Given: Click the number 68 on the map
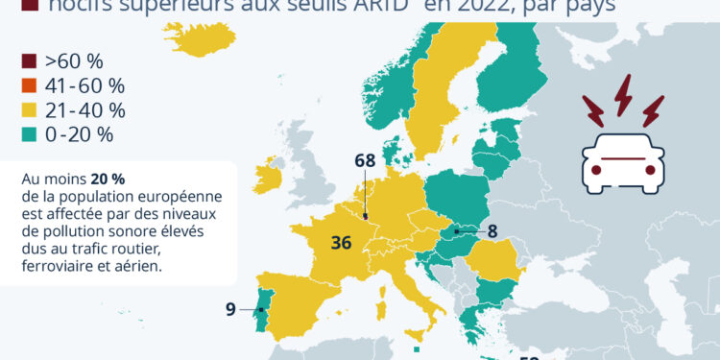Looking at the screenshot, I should tap(365, 160).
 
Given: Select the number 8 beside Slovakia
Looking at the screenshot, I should tap(492, 230).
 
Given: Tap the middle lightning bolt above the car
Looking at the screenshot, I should tap(624, 96).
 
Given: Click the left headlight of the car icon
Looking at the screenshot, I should tap(596, 171).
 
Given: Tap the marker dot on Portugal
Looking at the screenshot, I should tap(261, 310).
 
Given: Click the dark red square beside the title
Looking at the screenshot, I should tap(28, 8).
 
